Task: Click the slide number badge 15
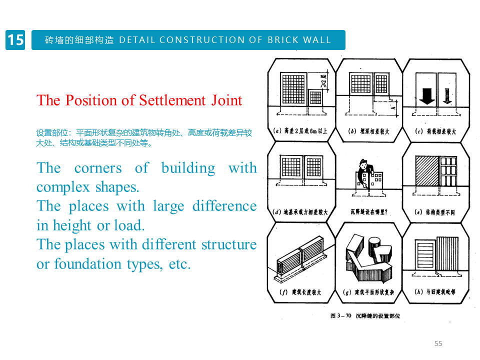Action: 15,40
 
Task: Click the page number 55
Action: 438,343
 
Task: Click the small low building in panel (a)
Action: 315,97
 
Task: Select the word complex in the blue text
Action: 61,187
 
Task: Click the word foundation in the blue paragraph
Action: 79,263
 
